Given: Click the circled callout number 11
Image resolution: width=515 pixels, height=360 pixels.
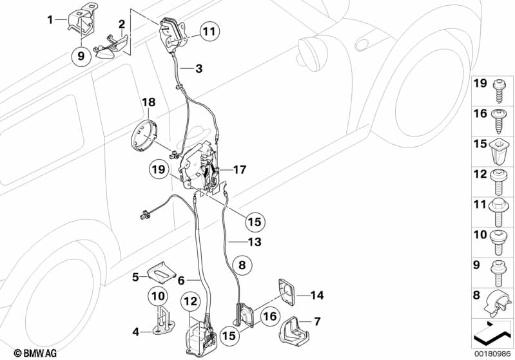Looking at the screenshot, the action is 209,32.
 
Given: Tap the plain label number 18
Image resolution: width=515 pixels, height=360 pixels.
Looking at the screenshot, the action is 148,102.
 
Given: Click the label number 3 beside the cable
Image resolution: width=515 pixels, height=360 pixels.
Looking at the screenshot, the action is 199,69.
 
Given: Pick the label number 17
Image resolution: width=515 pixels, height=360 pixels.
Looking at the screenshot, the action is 239,169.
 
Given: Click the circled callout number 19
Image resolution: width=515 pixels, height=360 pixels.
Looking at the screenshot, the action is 159,169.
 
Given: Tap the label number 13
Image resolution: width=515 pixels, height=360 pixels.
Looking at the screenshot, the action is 255,242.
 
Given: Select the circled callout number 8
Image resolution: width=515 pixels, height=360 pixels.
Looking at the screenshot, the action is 242,265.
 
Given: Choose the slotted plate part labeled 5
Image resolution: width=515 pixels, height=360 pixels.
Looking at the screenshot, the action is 161,272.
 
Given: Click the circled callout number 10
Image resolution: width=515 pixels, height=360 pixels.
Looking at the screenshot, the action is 159,296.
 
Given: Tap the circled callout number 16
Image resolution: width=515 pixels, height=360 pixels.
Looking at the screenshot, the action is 269,317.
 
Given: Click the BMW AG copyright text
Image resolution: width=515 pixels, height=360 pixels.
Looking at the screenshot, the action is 35,354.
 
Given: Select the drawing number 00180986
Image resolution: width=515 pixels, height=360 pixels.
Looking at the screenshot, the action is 492,354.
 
